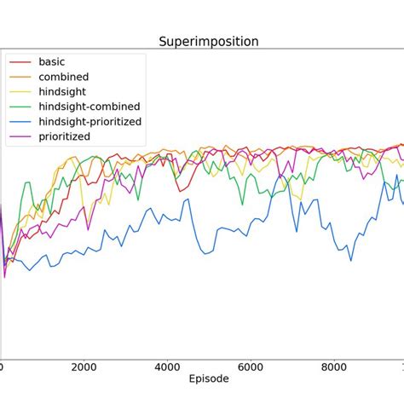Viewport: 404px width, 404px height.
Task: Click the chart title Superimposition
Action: [209, 41]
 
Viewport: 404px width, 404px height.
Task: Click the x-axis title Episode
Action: [209, 378]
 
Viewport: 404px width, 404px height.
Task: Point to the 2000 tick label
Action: [84, 366]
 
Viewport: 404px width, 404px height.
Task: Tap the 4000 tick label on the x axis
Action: [167, 366]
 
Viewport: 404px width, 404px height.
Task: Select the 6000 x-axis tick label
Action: [251, 366]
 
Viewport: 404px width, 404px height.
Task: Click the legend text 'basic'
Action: [52, 62]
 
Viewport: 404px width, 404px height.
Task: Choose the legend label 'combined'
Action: [64, 77]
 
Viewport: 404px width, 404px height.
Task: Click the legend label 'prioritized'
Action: [65, 136]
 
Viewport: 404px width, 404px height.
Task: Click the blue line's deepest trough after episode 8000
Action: [350, 261]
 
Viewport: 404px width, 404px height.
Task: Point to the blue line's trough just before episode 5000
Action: [202, 253]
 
